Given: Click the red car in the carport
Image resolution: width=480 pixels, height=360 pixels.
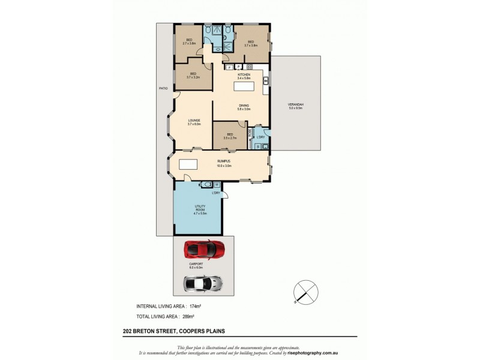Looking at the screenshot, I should tap(204, 248).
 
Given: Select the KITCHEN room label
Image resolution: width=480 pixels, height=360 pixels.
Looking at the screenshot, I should tap(244, 74).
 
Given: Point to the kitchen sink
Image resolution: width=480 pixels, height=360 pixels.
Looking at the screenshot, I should tap(266, 82).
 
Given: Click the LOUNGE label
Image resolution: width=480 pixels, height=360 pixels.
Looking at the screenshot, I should tap(194, 121).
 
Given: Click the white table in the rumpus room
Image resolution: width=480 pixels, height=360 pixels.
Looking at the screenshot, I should tap(188, 165).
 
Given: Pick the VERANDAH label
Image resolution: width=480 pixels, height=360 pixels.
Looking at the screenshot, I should tap(296, 105).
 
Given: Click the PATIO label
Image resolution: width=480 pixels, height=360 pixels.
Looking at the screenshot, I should tap(163, 88).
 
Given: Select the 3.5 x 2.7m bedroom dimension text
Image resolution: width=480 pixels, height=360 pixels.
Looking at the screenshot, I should tap(229, 138).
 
